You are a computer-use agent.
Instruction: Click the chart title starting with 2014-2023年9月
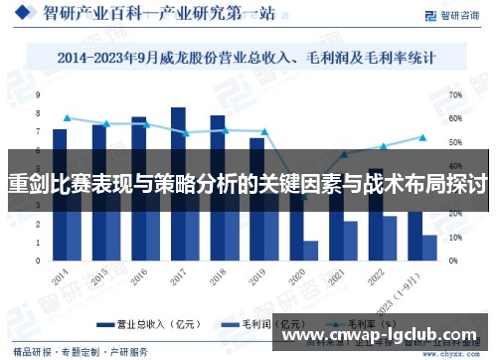pyautogui.click(x=248, y=60)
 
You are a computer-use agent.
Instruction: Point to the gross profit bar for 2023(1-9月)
pyautogui.click(x=429, y=248)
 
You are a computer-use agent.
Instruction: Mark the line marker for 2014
pyautogui.click(x=67, y=117)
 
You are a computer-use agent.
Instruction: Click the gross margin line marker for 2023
pyautogui.click(x=422, y=137)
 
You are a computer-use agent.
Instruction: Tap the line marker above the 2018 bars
pyautogui.click(x=225, y=130)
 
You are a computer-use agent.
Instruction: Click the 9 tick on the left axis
pyautogui.click(x=38, y=95)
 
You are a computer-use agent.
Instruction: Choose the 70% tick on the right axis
pyautogui.click(x=455, y=95)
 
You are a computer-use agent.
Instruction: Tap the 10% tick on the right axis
pyautogui.click(x=455, y=238)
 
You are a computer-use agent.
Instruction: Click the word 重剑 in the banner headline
pyautogui.click(x=27, y=183)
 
